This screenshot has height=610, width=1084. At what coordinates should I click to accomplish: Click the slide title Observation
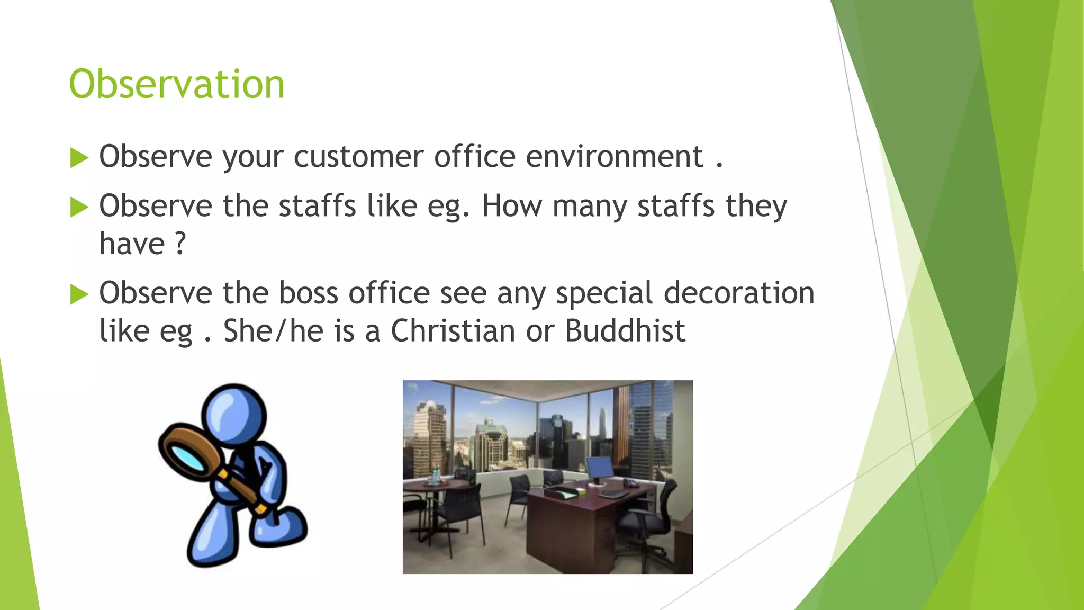pyautogui.click(x=177, y=84)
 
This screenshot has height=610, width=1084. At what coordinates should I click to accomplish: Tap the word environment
pyautogui.click(x=615, y=157)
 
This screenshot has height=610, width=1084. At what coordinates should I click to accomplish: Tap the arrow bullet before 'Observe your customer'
pyautogui.click(x=79, y=158)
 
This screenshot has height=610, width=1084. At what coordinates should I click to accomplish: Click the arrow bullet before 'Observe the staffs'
pyautogui.click(x=79, y=207)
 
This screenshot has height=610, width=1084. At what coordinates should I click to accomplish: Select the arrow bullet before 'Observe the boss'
pyautogui.click(x=79, y=294)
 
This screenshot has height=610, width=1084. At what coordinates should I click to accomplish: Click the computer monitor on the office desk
pyautogui.click(x=600, y=468)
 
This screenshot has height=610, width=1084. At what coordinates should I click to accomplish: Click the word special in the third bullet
pyautogui.click(x=604, y=294)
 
